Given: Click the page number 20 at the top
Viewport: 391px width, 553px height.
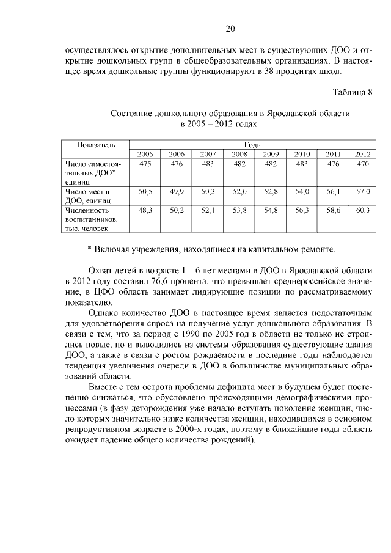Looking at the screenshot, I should (230, 28).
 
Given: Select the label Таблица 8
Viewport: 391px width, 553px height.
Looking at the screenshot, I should (353, 93).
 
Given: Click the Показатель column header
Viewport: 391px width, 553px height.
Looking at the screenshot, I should (96, 145).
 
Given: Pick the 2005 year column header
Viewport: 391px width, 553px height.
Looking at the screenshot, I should (145, 154).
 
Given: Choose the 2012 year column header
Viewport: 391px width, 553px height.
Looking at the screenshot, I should (363, 154).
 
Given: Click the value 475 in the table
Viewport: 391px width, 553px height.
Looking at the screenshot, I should (145, 164).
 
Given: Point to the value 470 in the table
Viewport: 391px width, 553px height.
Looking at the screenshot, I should (363, 164).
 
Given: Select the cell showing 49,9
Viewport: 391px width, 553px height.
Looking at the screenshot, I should (177, 192).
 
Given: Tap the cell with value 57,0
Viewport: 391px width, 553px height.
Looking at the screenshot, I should (363, 192).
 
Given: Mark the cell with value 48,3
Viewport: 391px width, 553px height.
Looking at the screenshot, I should (145, 210).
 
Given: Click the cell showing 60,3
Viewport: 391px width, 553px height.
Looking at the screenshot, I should (363, 210).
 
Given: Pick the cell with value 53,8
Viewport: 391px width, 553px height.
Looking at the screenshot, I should (239, 210).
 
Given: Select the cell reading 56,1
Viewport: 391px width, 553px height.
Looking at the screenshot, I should (333, 192).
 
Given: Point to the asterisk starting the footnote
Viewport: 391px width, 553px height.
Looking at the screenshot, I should (90, 249).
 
